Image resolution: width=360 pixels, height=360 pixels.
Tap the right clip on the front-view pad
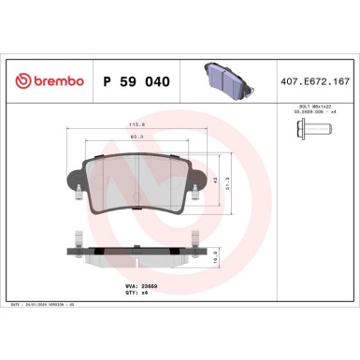192,195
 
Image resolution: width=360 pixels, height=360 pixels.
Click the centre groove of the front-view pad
137,180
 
